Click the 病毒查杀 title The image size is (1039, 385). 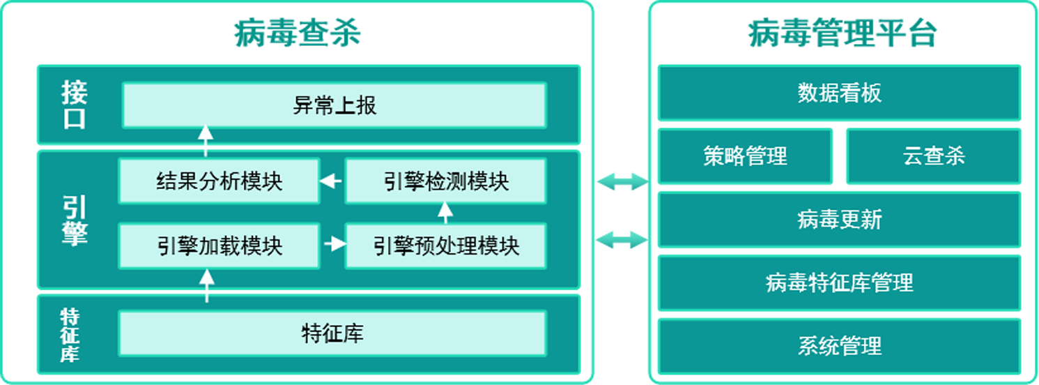pyautogui.click(x=297, y=33)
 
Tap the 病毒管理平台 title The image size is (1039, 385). pyautogui.click(x=842, y=33)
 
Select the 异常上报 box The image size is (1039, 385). pyautogui.click(x=334, y=105)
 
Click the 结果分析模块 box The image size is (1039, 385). pyautogui.click(x=219, y=181)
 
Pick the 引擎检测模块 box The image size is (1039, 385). pyautogui.click(x=445, y=181)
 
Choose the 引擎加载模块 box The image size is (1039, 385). pyautogui.click(x=219, y=246)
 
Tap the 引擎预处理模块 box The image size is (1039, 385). pyautogui.click(x=445, y=246)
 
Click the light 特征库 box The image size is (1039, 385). pyautogui.click(x=332, y=333)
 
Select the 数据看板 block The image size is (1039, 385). pyautogui.click(x=839, y=93)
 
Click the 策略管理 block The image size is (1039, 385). pyautogui.click(x=745, y=156)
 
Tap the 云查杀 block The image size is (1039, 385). pyautogui.click(x=933, y=156)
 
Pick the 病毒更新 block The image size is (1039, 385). pyautogui.click(x=839, y=220)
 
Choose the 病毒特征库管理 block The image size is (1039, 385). pyautogui.click(x=839, y=283)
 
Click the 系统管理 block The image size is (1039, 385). pyautogui.click(x=839, y=346)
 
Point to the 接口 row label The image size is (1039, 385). pyautogui.click(x=74, y=105)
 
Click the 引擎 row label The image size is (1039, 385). pyautogui.click(x=74, y=219)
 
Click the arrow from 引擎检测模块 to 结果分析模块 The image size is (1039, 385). pyautogui.click(x=332, y=181)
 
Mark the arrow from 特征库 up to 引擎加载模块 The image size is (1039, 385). pyautogui.click(x=206, y=285)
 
